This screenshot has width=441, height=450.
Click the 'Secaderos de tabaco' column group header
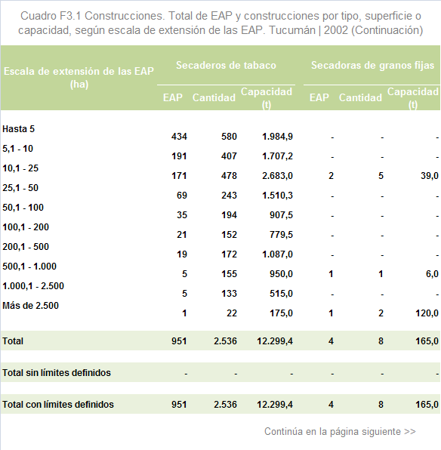[226, 65]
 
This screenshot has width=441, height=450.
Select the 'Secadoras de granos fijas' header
[372, 65]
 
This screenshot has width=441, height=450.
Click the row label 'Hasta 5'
[18, 129]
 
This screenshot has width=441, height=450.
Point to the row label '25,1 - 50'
[20, 188]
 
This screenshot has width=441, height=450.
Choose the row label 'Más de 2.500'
[30, 305]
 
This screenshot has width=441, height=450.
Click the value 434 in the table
[179, 137]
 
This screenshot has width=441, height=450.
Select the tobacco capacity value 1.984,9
[277, 137]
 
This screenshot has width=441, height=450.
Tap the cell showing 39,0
[430, 176]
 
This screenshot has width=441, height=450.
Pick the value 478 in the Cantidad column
[229, 176]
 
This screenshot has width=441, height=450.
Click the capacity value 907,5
[281, 215]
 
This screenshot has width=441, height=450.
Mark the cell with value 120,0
[427, 313]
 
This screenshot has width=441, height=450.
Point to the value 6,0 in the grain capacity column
[432, 274]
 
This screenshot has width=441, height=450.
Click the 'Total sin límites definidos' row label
[57, 372]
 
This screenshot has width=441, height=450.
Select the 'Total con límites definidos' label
[58, 405]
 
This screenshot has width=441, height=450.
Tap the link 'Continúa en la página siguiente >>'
[340, 431]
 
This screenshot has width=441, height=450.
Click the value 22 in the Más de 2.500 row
[232, 313]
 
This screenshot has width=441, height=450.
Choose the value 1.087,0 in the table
[277, 254]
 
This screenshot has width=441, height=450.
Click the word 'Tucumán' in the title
[292, 30]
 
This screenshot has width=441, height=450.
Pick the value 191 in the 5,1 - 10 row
[179, 156]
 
